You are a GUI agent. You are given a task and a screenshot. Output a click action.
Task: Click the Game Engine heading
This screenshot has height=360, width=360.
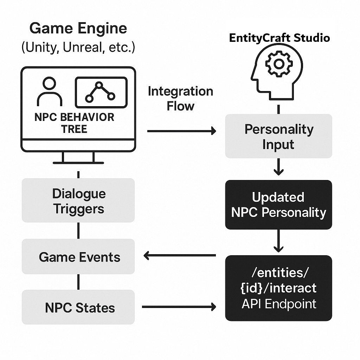click(x=78, y=28)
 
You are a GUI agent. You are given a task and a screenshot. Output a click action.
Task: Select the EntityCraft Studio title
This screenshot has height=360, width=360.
click(x=279, y=38)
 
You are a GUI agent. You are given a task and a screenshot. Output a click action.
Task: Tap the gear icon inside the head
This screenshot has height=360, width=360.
click(x=279, y=64)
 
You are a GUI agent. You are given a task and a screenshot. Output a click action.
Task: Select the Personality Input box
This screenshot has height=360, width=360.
click(x=278, y=136)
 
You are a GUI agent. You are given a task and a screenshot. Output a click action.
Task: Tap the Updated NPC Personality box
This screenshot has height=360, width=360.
click(x=278, y=205)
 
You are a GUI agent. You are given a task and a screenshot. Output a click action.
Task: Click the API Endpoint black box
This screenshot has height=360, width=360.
click(x=278, y=288)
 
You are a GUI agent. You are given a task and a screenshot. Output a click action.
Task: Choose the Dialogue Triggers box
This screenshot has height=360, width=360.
click(x=78, y=201)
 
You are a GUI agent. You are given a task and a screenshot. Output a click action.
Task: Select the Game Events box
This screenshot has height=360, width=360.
click(x=78, y=257)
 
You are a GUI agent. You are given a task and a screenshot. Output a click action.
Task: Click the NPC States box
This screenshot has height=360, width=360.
click(x=78, y=307)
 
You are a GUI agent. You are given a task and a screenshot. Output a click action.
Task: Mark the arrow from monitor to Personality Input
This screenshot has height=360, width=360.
click(x=181, y=131)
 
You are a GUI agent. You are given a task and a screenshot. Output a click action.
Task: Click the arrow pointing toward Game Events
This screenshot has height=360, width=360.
click(x=180, y=256)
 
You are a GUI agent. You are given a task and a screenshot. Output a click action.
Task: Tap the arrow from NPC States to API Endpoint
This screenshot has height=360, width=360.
click(x=179, y=307)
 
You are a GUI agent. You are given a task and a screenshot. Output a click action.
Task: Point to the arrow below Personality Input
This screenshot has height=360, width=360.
click(x=278, y=167)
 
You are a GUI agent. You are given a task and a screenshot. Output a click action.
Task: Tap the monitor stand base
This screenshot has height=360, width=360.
click(x=78, y=162)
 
